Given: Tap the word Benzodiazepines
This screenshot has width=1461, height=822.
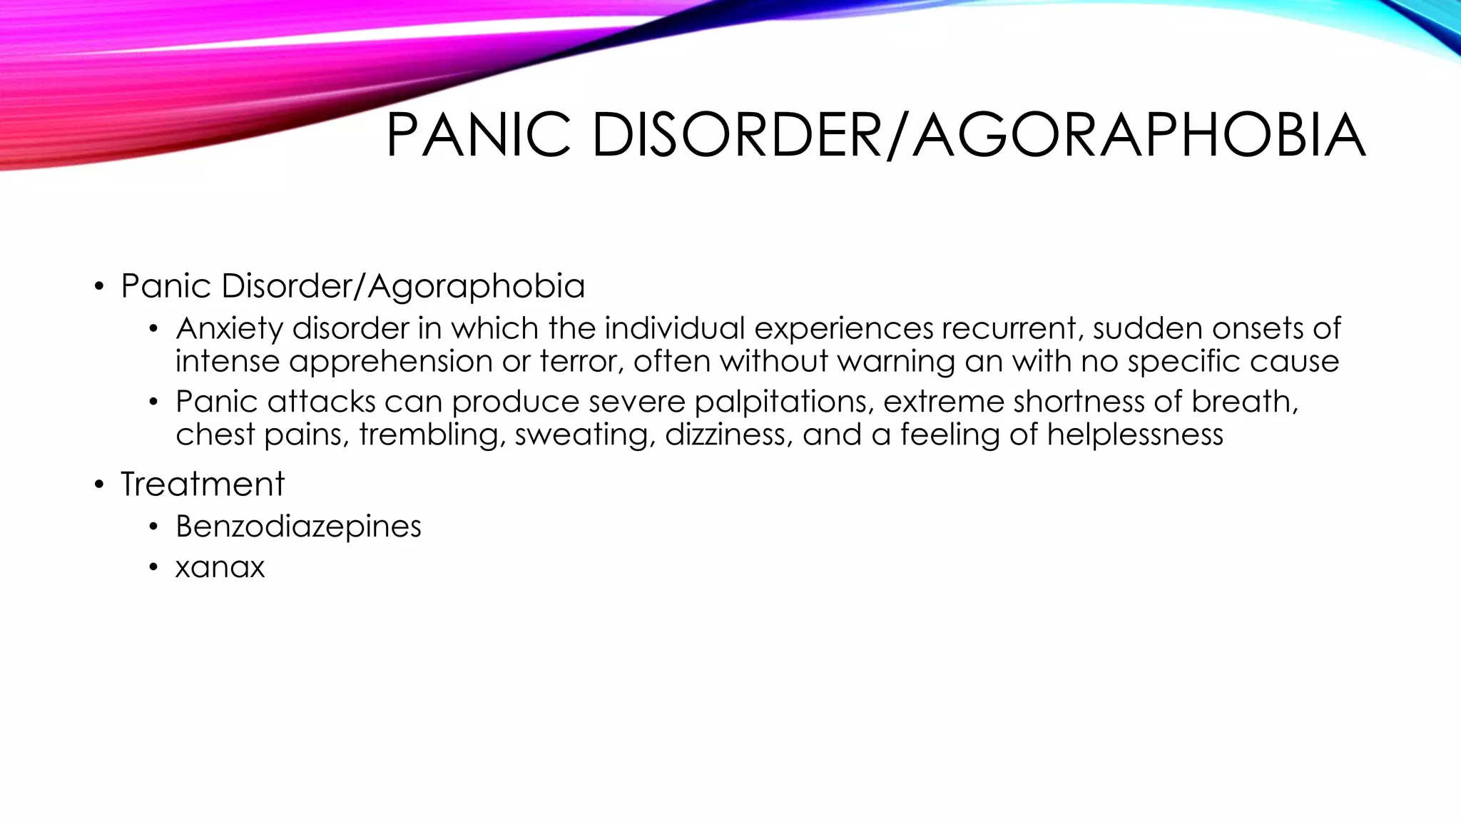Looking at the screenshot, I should pos(298,527).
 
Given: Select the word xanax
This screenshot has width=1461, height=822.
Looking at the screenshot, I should pos(220,568).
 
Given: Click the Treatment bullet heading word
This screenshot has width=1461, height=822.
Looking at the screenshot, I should pos(203,484).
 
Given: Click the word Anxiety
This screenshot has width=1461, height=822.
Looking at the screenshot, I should pos(229,329).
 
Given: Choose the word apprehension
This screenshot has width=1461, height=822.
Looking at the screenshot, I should pos(390,362).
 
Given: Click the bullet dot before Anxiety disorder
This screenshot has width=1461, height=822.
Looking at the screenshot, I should pos(153,330).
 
